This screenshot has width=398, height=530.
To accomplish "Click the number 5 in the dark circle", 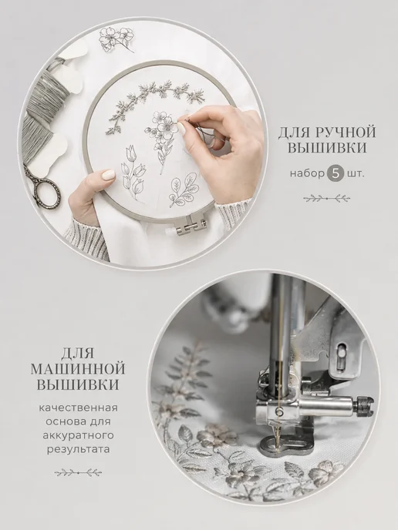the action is (x=335, y=174).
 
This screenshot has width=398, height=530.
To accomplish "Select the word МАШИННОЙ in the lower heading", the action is (x=78, y=369).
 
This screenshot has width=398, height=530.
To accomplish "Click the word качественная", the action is (x=79, y=408).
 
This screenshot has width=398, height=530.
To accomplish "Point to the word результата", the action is (x=79, y=450).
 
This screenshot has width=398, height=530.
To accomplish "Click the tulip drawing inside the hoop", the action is (x=133, y=172).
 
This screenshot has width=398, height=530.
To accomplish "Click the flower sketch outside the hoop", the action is (x=116, y=39).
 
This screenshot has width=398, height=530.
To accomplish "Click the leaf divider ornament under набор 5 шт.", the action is (x=326, y=198).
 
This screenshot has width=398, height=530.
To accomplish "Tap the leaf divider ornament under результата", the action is (x=78, y=472).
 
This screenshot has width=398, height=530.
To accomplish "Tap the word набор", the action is (x=307, y=174).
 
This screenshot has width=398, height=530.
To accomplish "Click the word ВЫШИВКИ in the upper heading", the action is (x=327, y=148).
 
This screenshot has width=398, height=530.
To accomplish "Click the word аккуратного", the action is (x=79, y=435).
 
